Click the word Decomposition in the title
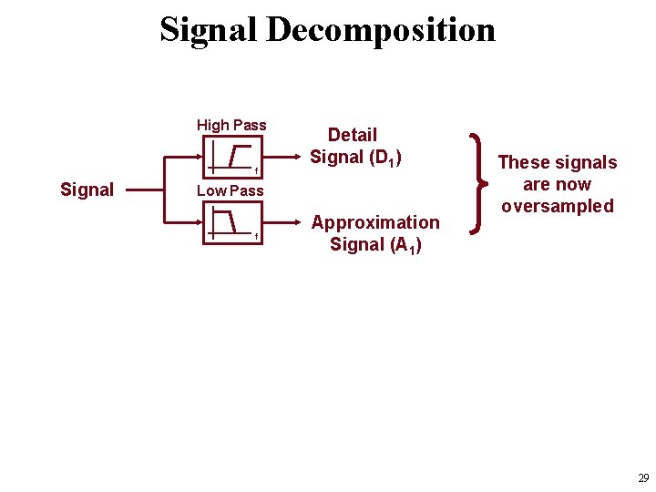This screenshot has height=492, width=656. pos(381,29)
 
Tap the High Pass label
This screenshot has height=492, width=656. pos(231,125)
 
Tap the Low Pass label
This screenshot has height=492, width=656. pos(230,190)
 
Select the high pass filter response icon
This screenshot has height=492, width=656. pos(230,157)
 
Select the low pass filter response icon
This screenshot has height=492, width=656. pos(230,221)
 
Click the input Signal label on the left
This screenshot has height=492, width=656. pos(87,190)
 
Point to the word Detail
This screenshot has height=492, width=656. pos(353,135)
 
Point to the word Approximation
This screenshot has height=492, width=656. pos(375,222)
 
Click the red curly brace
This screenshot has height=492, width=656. pos(477,184)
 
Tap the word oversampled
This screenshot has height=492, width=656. pos(558,206)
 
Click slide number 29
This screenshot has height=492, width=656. pos(643,478)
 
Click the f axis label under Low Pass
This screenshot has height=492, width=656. pos(257,237)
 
